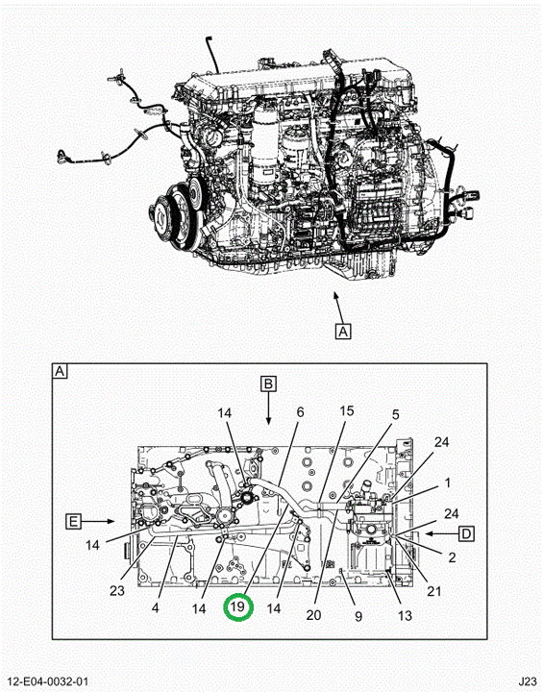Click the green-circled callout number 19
click(238, 606)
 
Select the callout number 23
click(117, 590)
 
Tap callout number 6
click(300, 412)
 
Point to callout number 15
click(347, 411)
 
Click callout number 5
click(396, 414)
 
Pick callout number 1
click(447, 482)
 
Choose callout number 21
click(434, 590)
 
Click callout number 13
click(405, 615)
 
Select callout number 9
click(358, 616)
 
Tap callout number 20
click(313, 614)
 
